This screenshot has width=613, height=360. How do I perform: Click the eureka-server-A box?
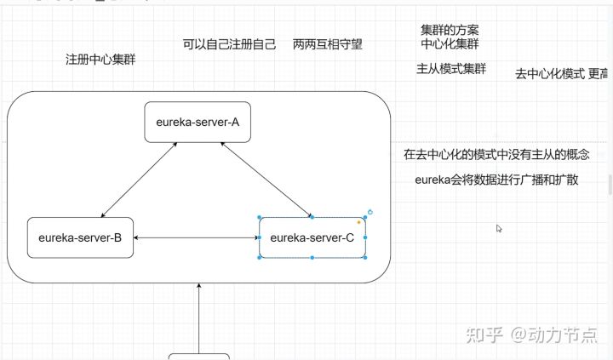[x=198, y=122]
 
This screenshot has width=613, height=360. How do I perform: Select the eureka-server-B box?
[x=80, y=237]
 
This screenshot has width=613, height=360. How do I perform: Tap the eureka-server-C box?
[x=312, y=237]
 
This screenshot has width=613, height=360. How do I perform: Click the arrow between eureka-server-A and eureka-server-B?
[x=138, y=179]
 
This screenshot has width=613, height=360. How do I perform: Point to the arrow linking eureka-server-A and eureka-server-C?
[x=266, y=179]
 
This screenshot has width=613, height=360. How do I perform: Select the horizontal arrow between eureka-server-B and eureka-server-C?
[x=196, y=237]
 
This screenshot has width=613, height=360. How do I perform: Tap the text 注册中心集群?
[x=100, y=60]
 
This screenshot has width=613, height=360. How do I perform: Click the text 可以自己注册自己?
[x=229, y=44]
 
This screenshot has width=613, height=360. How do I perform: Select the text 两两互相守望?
[x=327, y=44]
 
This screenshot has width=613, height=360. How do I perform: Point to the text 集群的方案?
[x=450, y=30]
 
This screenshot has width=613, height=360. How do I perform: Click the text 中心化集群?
[x=450, y=43]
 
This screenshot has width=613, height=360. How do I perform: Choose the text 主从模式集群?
[x=451, y=69]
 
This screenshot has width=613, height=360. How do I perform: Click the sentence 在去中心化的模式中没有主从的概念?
[x=496, y=155]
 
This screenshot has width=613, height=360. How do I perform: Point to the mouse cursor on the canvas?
[x=500, y=228]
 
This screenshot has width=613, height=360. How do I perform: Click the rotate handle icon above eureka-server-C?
[x=370, y=211]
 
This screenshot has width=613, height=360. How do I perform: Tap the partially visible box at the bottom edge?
[x=198, y=356]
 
